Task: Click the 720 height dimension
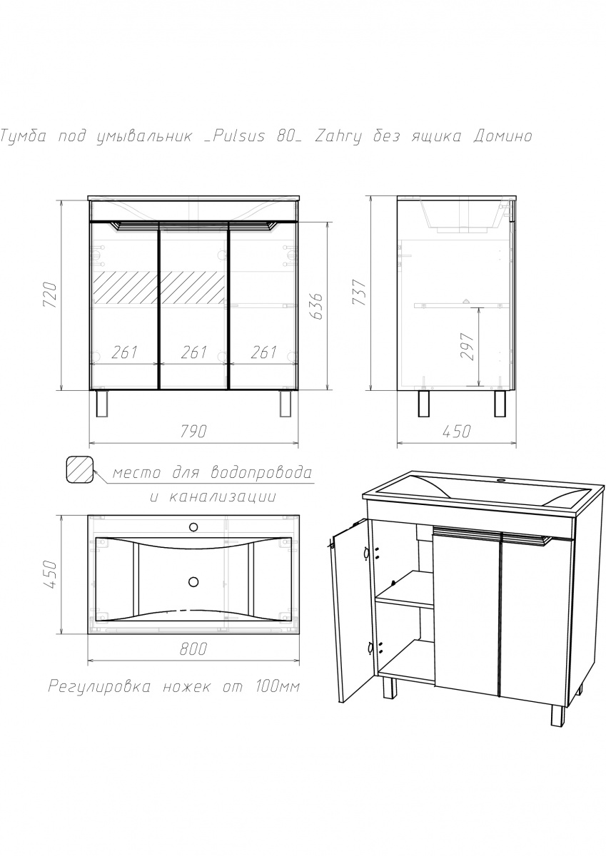[51, 295]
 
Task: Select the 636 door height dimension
[317, 306]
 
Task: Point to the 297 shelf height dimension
[468, 346]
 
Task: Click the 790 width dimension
[193, 431]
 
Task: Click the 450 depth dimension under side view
[456, 431]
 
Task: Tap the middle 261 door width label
[194, 352]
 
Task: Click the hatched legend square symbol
[80, 469]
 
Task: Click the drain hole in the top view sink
[193, 581]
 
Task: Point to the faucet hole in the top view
[193, 527]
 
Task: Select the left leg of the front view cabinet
[101, 403]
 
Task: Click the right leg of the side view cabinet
[500, 403]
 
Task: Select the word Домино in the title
[503, 136]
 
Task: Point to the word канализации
[222, 496]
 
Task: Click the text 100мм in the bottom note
[276, 686]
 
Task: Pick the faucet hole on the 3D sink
[500, 479]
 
